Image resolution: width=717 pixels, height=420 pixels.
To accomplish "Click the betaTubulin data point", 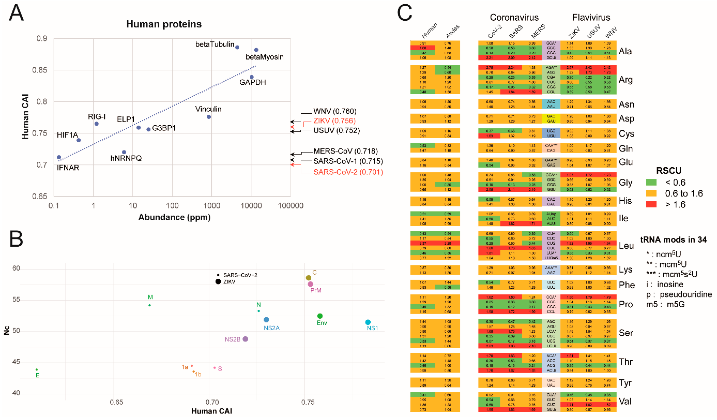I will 237,47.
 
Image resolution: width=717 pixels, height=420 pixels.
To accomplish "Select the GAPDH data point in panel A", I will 251,77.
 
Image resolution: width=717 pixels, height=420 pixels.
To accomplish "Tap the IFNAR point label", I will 68,168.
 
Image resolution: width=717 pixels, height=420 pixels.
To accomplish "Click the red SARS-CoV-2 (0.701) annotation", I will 348,172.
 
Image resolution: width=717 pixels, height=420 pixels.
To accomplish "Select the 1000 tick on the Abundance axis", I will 211,205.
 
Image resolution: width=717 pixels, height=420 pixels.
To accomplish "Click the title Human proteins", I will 164,24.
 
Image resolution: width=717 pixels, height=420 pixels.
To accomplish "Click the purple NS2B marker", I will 245,339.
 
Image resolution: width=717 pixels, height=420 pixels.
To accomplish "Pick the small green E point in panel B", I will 37,370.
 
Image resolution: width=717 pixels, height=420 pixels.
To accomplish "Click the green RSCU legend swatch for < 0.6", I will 651,182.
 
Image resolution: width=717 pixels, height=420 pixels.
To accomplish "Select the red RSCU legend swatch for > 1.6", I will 651,204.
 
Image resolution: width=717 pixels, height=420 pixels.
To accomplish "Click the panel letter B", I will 16,239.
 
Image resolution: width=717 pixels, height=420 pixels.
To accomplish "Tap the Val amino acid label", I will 625,401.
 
